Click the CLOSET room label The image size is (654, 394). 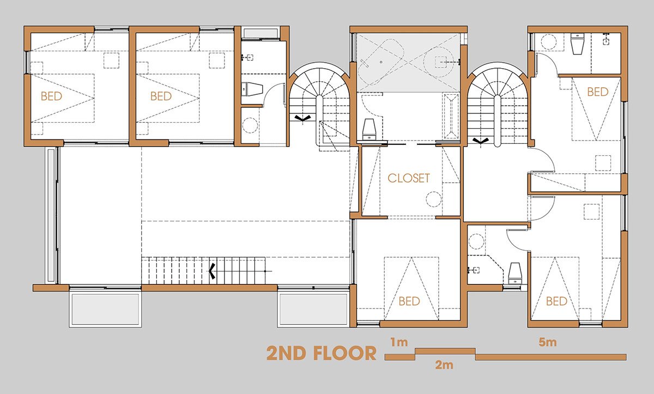point(408,178)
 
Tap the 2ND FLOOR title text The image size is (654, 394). point(321,353)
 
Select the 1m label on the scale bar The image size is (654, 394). point(399,342)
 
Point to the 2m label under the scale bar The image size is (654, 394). point(444,365)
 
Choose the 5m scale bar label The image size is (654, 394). point(547,342)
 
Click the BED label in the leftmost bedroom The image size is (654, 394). point(51,96)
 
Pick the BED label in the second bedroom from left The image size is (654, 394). point(161,96)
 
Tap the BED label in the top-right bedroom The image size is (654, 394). point(598,92)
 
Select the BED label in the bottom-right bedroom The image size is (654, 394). point(556,301)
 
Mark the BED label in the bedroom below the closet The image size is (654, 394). point(409,301)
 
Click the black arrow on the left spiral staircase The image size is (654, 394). point(302,118)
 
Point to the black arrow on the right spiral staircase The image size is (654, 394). point(480,141)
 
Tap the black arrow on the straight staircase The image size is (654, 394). point(212,271)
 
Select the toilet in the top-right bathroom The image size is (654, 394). point(577,44)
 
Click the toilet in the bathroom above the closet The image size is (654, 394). point(369,129)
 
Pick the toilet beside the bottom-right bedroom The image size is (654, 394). point(514,273)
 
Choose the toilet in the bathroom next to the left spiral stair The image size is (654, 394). point(252,89)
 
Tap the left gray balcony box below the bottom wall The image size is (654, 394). point(105,310)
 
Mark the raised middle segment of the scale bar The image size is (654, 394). point(445,351)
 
